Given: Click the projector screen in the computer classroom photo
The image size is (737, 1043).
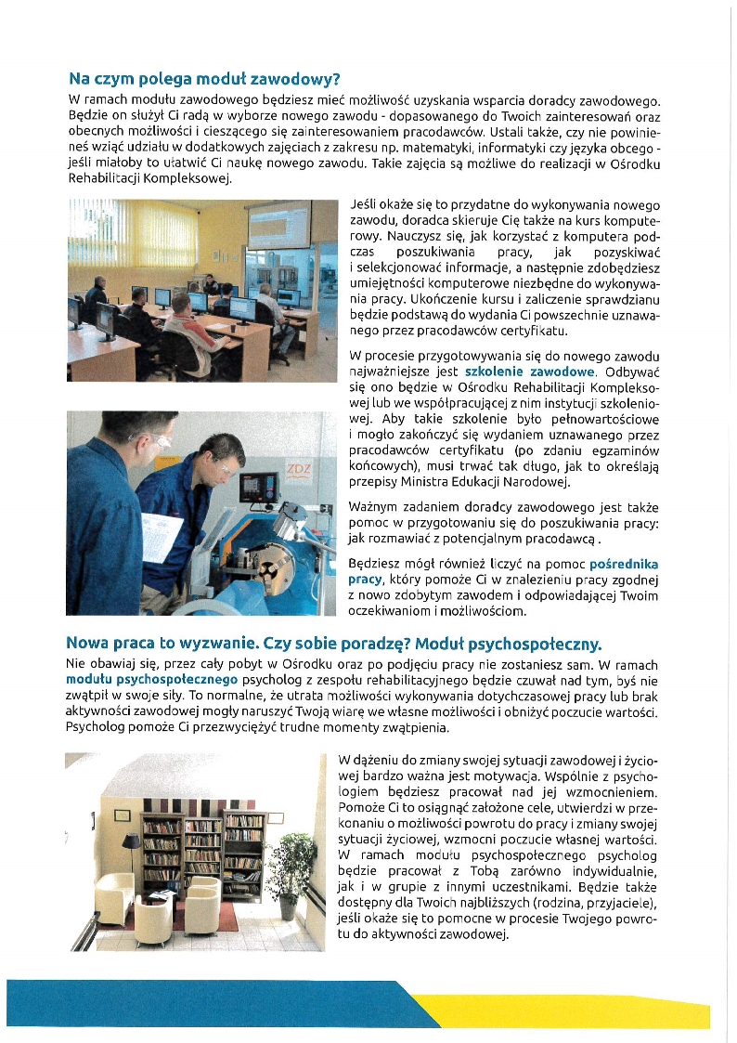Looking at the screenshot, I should (x=278, y=226).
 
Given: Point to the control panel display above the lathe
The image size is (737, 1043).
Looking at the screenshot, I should (x=252, y=485).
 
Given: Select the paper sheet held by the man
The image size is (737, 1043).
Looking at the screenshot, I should (x=161, y=536).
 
